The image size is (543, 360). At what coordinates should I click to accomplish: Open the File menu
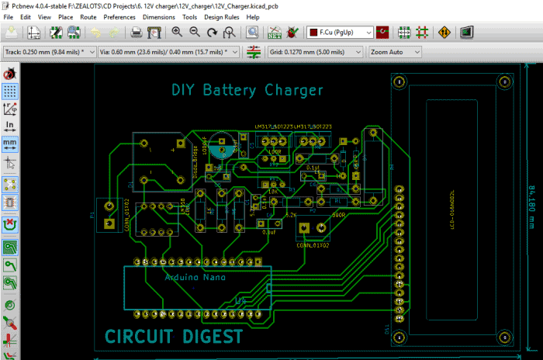click(9, 16)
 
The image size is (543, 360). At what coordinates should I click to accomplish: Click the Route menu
click(88, 16)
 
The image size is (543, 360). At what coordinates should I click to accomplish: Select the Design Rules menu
click(222, 16)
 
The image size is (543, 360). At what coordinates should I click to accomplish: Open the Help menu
click(253, 16)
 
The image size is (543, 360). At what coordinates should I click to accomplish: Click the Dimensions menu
click(158, 16)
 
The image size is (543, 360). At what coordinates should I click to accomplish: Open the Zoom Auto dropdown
click(394, 52)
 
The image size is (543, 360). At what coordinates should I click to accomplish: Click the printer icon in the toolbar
click(136, 33)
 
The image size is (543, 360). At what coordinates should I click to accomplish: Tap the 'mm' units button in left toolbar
click(10, 144)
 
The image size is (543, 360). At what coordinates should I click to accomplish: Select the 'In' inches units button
click(10, 126)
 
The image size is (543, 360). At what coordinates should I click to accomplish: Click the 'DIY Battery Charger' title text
click(247, 91)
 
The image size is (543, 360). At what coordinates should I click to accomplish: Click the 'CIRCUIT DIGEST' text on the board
click(174, 337)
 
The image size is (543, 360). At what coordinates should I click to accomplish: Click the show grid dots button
click(10, 90)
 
